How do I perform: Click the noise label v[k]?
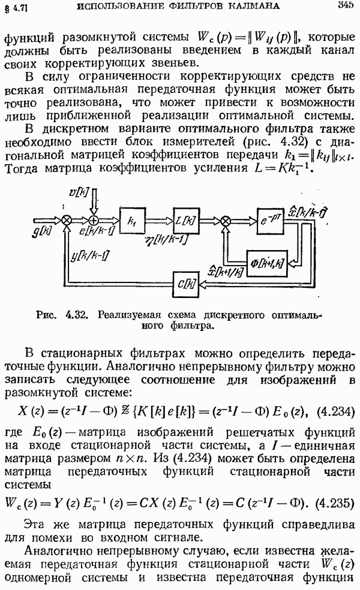(x=79, y=191)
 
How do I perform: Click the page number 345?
(x=346, y=6)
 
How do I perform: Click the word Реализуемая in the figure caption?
(x=126, y=315)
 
